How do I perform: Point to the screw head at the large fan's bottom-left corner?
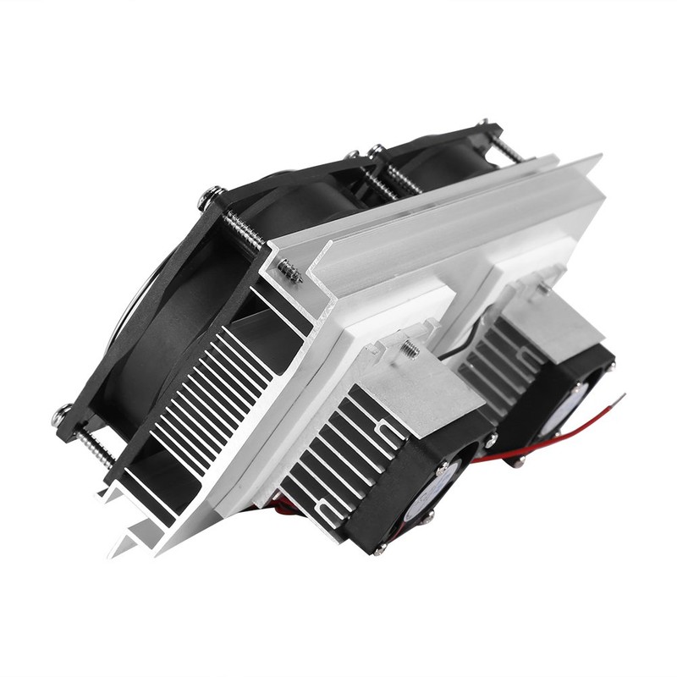[x=63, y=415]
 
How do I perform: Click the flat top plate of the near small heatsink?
[x=406, y=372]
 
